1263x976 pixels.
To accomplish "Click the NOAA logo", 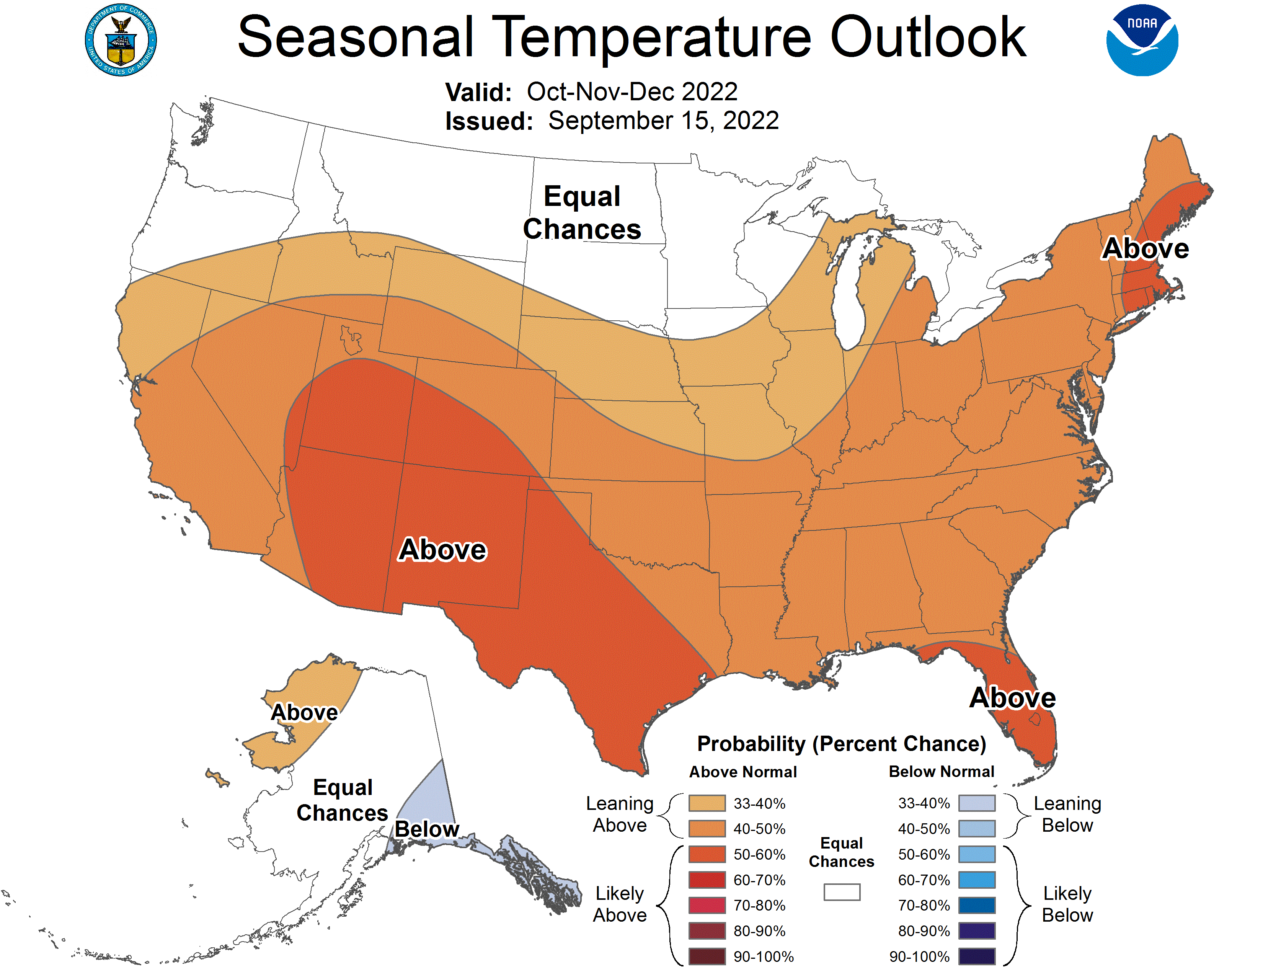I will (x=1142, y=41).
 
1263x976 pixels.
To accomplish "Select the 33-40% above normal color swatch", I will (x=707, y=803).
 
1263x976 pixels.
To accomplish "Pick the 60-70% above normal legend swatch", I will (x=707, y=880).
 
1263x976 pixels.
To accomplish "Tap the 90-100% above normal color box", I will (x=707, y=957).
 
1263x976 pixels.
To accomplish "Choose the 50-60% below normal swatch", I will (x=977, y=854).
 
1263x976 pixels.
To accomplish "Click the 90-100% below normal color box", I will (x=977, y=957).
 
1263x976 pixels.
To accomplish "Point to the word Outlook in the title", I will (x=928, y=38).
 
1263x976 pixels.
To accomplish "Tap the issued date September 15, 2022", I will (x=663, y=121).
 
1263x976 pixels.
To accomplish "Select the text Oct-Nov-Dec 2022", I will (x=632, y=92).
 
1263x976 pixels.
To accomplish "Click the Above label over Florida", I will (x=1013, y=698).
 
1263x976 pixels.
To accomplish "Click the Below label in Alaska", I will (x=427, y=829).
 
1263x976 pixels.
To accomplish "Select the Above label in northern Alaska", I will (x=304, y=712).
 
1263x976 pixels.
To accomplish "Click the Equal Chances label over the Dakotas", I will (x=582, y=213).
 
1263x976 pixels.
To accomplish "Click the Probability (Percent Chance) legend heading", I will (x=841, y=744).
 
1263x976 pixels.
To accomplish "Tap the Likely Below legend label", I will (x=1067, y=904).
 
